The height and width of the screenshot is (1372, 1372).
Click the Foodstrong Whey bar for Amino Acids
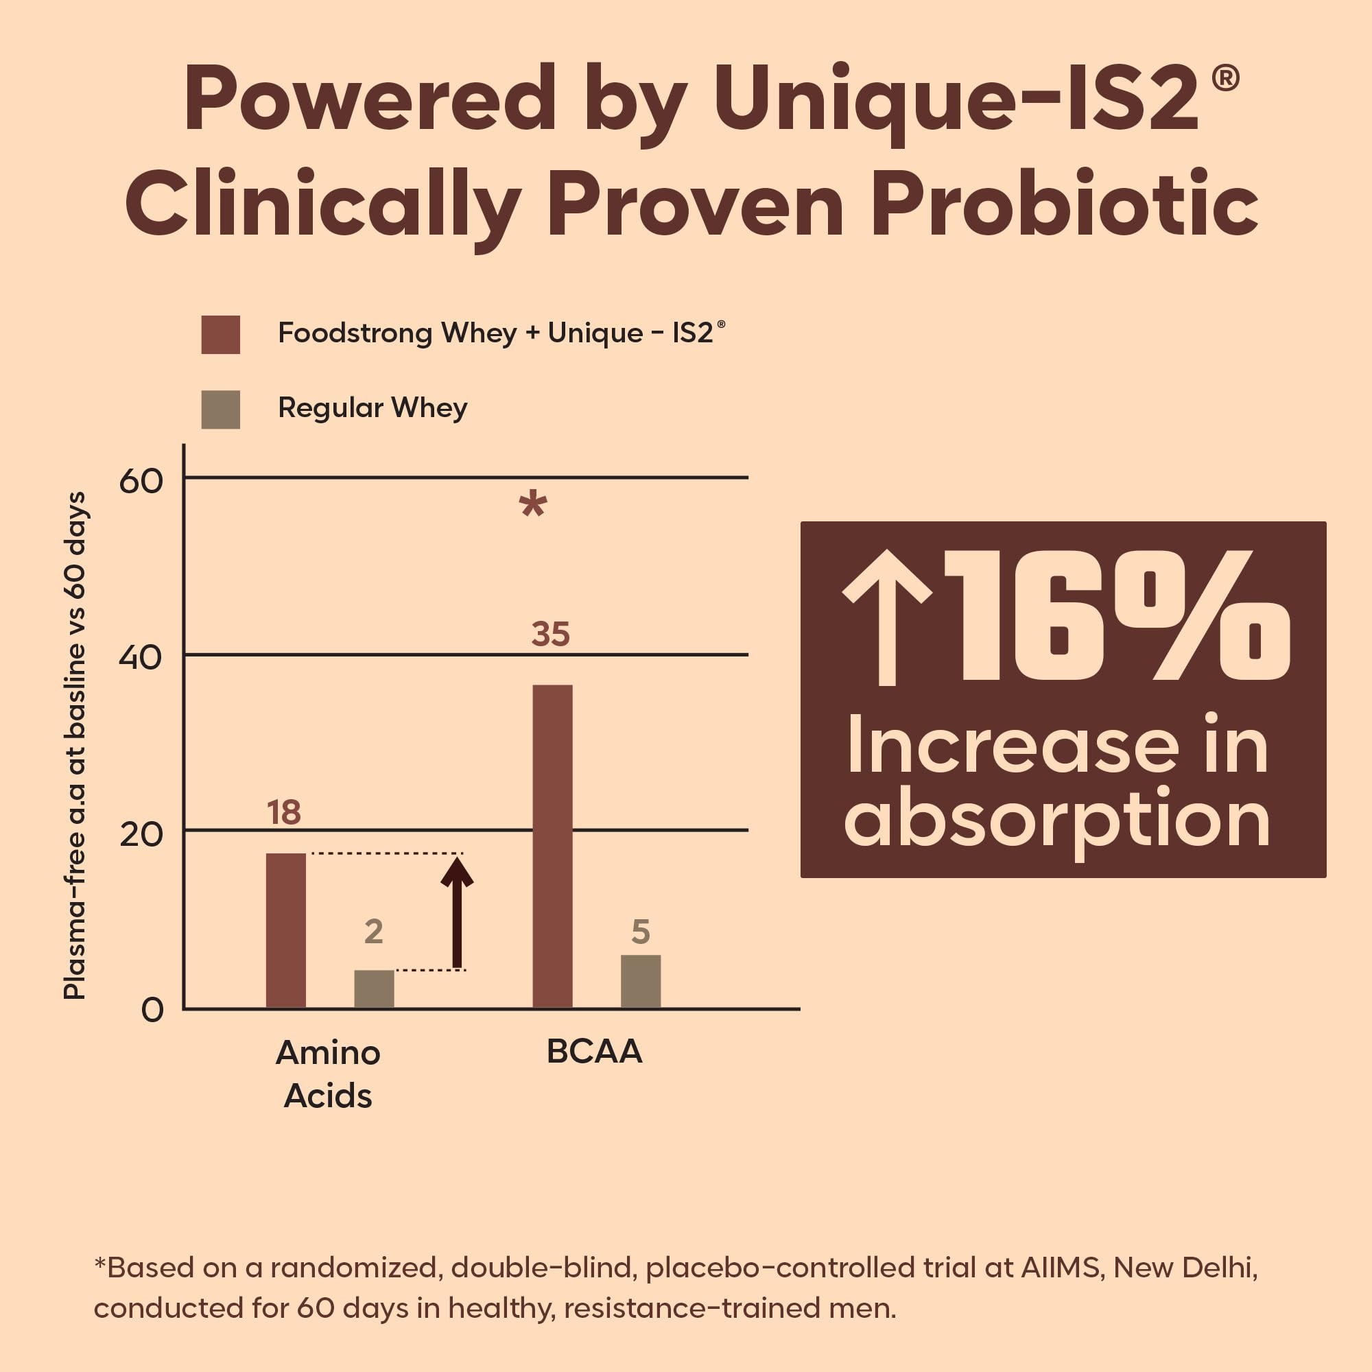pos(285,930)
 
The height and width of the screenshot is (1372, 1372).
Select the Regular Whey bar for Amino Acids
pos(375,989)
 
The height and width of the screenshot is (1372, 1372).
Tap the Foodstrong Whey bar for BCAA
pos(552,847)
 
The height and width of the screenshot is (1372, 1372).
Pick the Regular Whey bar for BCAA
pos(641,982)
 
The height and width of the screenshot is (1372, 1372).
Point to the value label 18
pos(284,812)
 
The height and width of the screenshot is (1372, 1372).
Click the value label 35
pos(550,634)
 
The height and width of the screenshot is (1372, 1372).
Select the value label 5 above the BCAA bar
pos(641,931)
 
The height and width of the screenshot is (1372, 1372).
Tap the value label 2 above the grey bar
pos(374,931)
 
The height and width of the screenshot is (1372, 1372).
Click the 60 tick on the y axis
pos(141,481)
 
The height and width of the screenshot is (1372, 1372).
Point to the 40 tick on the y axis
pos(141,657)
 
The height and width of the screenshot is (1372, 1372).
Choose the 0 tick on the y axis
pos(153,1010)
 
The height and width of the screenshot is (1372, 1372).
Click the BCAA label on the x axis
pos(594,1051)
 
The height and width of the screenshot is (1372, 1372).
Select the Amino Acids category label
pos(328,1074)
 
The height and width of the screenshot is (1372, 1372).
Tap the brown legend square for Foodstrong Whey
pos(221,335)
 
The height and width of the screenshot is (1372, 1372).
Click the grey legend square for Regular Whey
pos(221,410)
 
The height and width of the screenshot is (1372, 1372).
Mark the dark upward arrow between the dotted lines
pos(457,912)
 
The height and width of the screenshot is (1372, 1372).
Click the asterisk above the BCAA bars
pos(532,505)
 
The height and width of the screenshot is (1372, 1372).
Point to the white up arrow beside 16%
pos(887,617)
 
